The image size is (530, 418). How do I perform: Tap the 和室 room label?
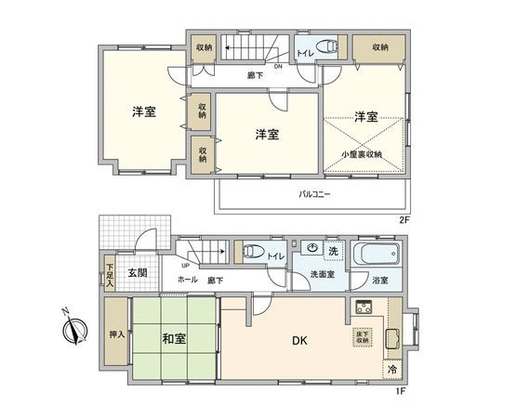pos(175,338)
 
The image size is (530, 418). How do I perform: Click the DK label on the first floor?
pos(301,341)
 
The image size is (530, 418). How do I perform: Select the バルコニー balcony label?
pos(314,196)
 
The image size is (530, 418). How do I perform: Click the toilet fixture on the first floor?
pos(251,253)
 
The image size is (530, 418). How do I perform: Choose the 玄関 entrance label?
pos(138,272)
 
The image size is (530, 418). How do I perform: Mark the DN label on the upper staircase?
pos(226,65)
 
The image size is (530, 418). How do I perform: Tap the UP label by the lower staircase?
pos(186,264)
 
